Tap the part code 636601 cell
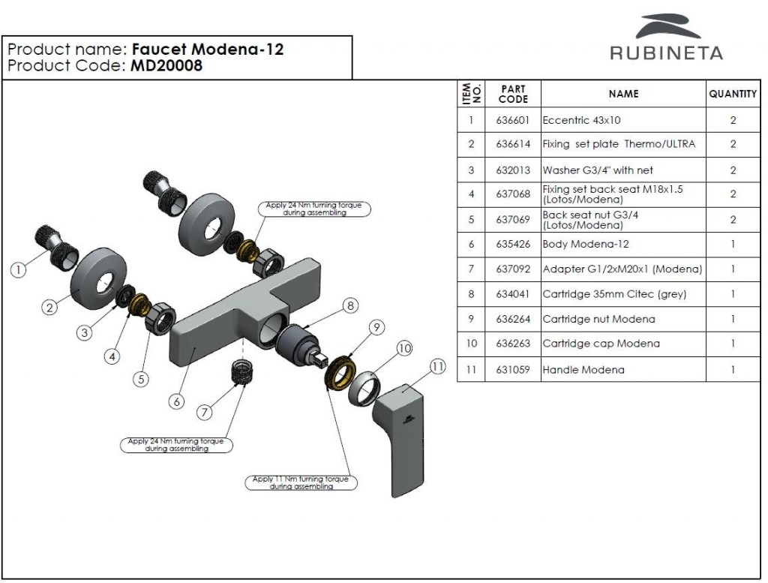513,120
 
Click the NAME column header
623,94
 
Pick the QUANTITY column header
732,94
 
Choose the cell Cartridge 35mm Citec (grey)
613,294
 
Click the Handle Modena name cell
583,369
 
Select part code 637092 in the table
513,269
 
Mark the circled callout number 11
438,367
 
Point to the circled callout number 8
349,305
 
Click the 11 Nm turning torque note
300,482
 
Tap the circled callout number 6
177,401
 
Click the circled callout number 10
405,348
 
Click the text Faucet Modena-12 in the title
208,50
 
